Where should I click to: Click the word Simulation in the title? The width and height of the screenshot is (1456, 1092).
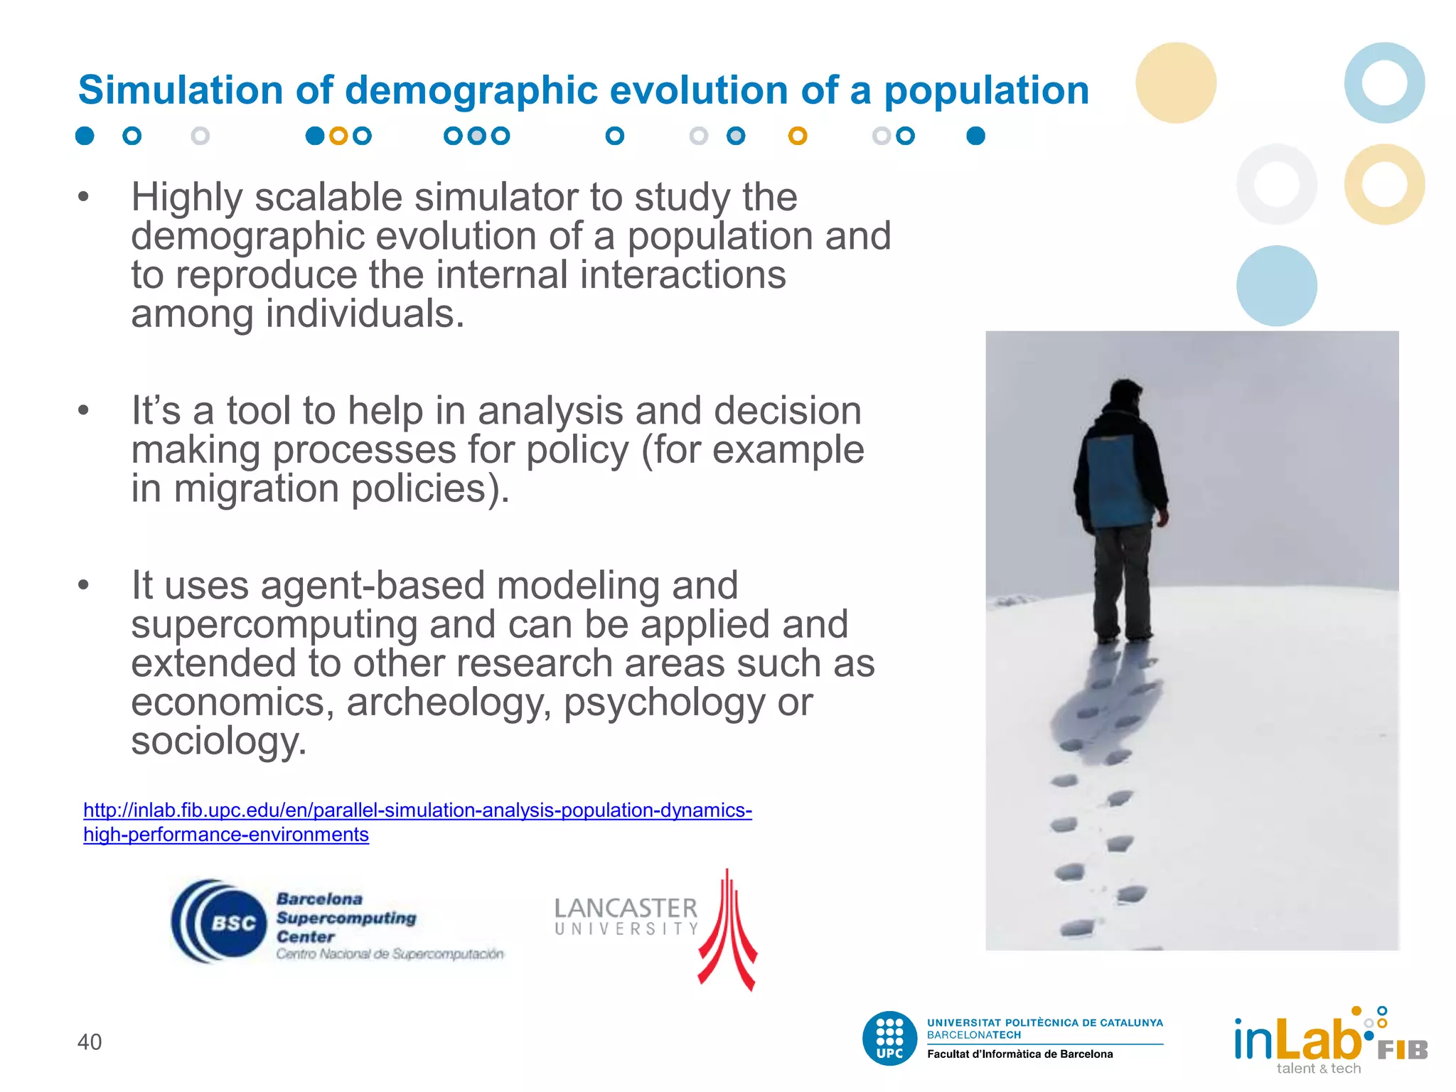(x=181, y=90)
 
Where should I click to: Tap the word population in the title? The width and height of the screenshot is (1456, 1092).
(x=986, y=92)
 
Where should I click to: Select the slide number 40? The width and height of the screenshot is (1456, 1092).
(x=90, y=1042)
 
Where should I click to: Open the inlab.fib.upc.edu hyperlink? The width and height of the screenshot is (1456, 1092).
(x=417, y=810)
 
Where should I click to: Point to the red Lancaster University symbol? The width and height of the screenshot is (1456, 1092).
(x=727, y=931)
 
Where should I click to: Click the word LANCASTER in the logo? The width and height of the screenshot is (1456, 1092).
(x=626, y=908)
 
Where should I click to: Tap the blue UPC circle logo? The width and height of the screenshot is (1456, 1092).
(x=889, y=1038)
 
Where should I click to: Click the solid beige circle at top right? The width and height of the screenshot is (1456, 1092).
(x=1176, y=82)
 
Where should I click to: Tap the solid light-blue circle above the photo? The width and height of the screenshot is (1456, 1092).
(x=1276, y=286)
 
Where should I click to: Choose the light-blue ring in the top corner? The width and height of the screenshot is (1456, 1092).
(x=1383, y=82)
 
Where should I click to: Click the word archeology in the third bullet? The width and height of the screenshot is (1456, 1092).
(x=449, y=702)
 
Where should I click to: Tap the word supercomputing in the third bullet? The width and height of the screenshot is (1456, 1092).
(x=274, y=625)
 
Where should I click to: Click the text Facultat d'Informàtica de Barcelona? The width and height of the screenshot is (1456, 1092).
(x=1019, y=1054)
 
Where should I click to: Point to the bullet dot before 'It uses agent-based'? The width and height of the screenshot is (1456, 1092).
(x=84, y=585)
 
